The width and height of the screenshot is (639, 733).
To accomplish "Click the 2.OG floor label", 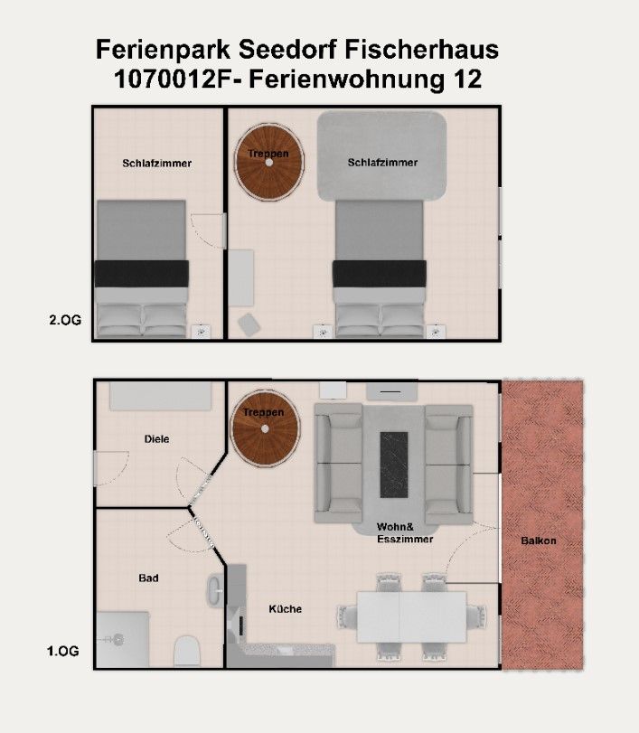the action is coord(65,320).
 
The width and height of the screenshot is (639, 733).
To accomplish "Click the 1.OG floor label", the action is coord(62,651).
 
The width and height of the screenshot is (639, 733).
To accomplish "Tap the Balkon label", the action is coord(539,540).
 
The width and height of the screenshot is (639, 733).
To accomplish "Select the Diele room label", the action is coord(156,439).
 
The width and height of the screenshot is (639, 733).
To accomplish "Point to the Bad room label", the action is coord(148,578).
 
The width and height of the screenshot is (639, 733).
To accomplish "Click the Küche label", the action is coord(285,608).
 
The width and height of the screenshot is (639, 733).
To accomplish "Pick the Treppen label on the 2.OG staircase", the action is coord(268,154).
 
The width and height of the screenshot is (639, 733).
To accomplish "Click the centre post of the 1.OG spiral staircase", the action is coord(265,428).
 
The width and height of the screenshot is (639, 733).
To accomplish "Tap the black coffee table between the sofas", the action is coord(393,465).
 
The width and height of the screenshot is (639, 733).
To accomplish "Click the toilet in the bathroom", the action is coord(187,651).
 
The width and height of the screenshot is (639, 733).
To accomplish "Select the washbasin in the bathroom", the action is coord(214,590).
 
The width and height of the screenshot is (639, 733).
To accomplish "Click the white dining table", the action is coord(411,617).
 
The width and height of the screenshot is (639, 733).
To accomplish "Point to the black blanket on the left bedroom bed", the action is coord(142,274).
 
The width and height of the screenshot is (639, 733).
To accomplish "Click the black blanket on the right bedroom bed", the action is coord(379,274).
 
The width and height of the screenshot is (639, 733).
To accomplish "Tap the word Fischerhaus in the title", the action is coord(422,50).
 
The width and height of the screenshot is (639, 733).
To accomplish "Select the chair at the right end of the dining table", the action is coord(476,616).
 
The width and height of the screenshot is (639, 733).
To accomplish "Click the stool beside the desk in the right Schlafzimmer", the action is coord(249,324).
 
